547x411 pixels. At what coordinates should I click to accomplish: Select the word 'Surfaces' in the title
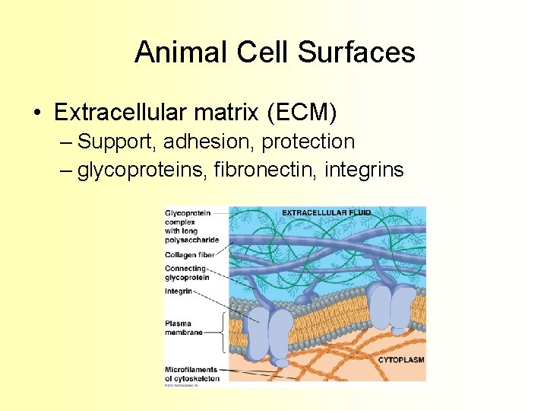coord(356,53)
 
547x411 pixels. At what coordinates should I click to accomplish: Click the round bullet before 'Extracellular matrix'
coord(37,113)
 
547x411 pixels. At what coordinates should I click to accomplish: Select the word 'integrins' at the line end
coord(364,170)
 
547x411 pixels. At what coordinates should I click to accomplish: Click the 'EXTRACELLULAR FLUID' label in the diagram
coord(325,212)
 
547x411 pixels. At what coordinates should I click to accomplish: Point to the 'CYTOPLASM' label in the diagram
coord(400,359)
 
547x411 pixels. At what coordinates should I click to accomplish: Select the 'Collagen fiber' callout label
coord(190,255)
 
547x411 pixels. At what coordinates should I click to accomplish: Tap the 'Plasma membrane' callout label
coord(184,328)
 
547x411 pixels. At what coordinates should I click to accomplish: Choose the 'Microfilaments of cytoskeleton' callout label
coord(192,374)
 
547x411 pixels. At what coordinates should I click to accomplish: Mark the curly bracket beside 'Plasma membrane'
coord(222,332)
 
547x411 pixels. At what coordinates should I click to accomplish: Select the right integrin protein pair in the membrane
coord(392,308)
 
